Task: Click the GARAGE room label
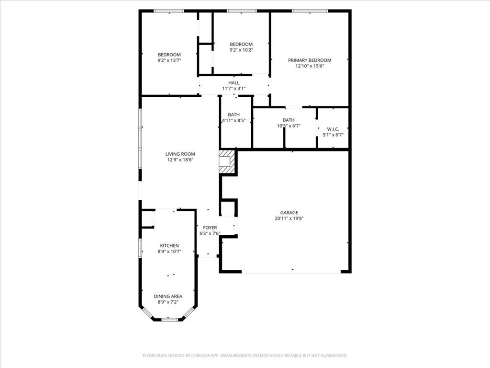(x=289, y=212)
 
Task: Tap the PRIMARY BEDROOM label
(x=309, y=60)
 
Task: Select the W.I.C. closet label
(x=333, y=129)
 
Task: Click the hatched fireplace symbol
(x=227, y=161)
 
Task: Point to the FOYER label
(x=210, y=228)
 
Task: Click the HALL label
(x=234, y=83)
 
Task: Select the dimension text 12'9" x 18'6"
(x=180, y=160)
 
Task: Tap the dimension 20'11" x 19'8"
(x=289, y=218)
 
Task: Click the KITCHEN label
(x=169, y=245)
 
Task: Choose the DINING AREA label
(x=168, y=296)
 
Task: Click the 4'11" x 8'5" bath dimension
(x=234, y=121)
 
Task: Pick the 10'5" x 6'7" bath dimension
(x=289, y=126)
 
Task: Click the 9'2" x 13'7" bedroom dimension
(x=169, y=60)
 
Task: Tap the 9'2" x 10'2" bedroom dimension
(x=241, y=50)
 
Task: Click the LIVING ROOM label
(x=180, y=154)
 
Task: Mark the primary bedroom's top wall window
(x=310, y=11)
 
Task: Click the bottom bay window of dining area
(x=169, y=319)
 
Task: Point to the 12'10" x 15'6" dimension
(x=309, y=66)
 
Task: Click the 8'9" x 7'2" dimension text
(x=168, y=302)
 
